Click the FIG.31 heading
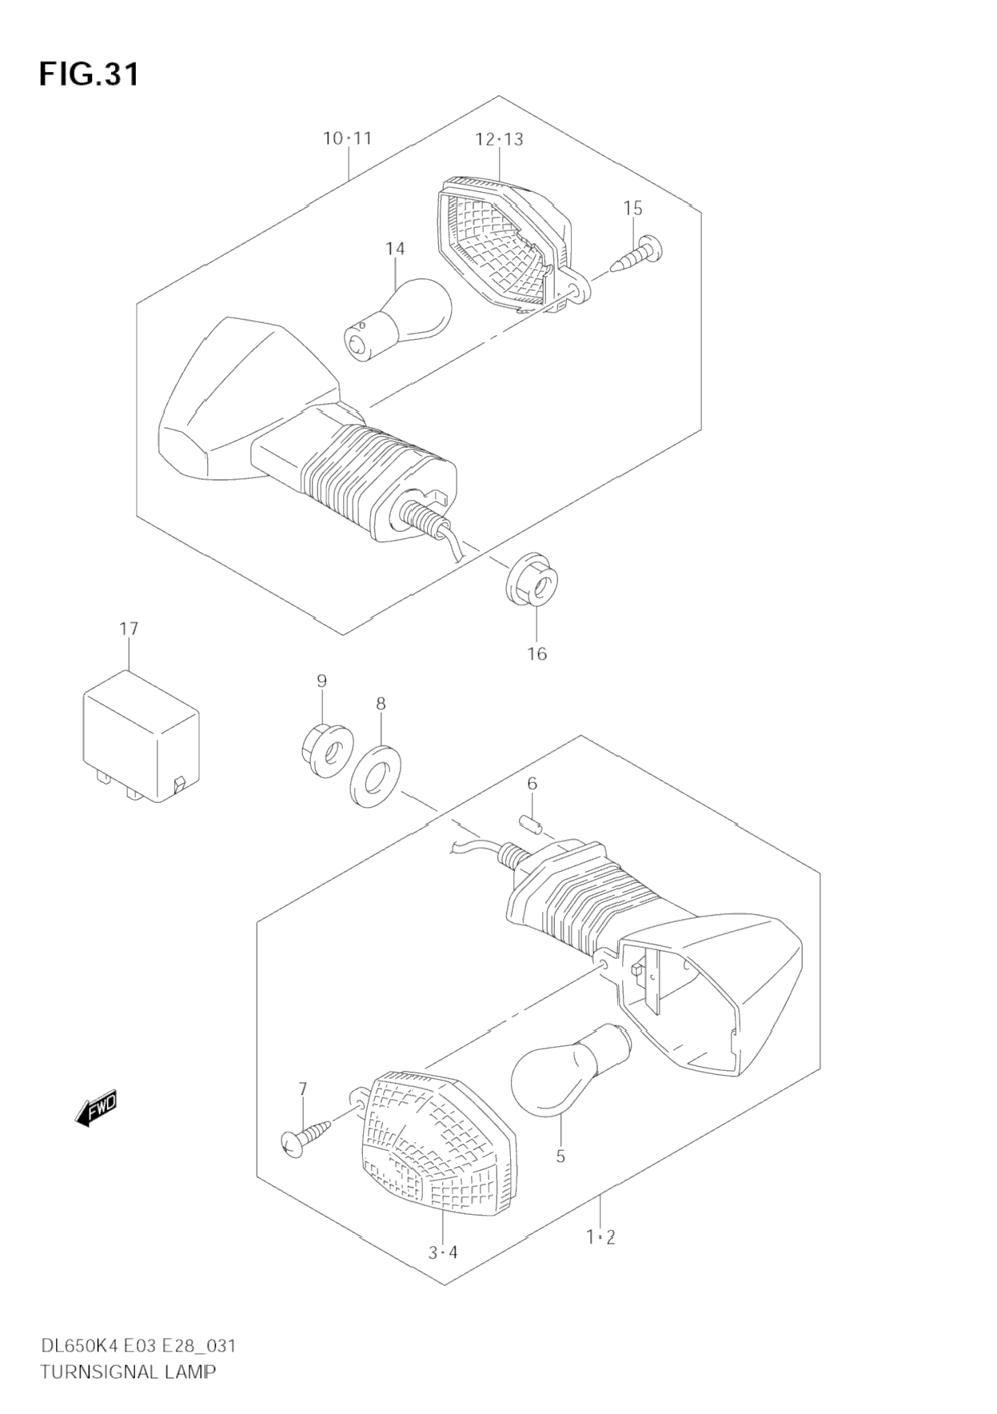click(89, 74)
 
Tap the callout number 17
click(129, 629)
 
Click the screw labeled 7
click(307, 1136)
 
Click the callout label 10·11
click(348, 138)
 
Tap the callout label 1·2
click(600, 1237)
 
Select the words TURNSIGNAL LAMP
click(128, 1372)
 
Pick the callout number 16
click(536, 653)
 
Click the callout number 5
click(560, 1156)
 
